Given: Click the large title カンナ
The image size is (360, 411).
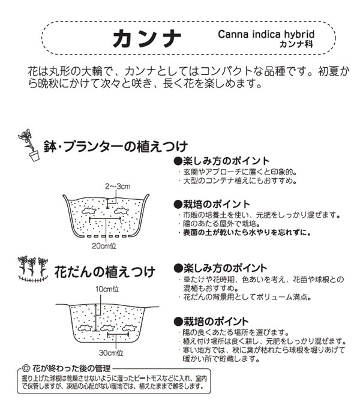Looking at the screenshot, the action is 146,38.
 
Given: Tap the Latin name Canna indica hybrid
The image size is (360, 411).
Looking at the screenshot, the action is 266,34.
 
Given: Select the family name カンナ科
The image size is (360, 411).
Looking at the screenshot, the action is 296,44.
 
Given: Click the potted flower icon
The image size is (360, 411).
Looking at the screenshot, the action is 29,145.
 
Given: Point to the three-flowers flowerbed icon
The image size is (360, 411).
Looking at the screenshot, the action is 33,269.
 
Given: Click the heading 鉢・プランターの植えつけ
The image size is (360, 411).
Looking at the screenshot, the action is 115,146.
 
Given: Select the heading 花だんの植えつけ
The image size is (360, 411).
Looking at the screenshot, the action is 104,272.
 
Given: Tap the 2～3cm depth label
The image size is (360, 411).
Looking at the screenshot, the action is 118,187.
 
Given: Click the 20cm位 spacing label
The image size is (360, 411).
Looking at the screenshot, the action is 104,246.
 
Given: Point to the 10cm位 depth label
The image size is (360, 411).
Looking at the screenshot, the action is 107,289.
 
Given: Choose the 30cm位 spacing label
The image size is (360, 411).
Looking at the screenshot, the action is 111,353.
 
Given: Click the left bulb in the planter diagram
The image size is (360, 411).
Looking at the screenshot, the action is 89,211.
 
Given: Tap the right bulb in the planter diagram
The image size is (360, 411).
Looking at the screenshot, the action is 121,210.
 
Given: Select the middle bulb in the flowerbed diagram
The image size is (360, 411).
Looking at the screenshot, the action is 107,328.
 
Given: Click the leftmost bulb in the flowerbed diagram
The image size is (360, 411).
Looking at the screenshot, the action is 85,328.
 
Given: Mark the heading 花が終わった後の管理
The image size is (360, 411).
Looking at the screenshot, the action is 71,368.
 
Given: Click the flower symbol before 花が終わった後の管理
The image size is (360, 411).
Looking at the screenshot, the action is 25,368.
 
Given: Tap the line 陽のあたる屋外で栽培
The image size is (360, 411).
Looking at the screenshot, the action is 221,224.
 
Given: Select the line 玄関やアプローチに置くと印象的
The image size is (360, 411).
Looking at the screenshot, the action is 239,172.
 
